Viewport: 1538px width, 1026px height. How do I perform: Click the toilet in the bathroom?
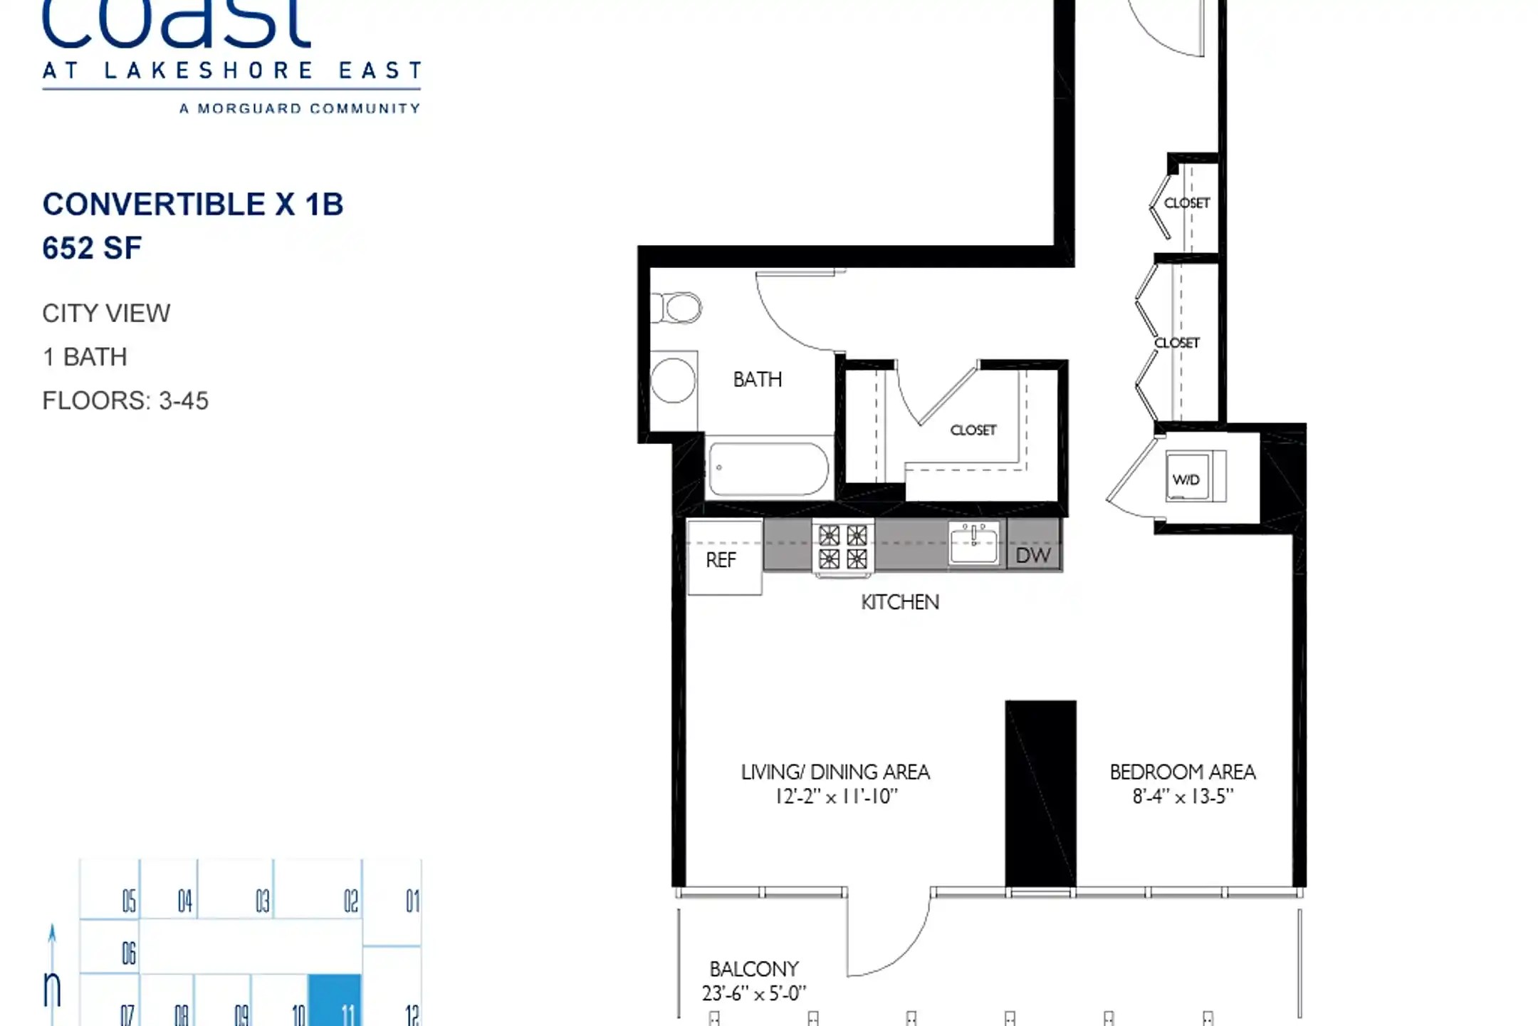(x=676, y=309)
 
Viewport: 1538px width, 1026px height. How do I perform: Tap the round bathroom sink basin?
(x=673, y=380)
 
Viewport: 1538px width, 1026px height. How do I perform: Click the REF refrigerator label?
(x=721, y=560)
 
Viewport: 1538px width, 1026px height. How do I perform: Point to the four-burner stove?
(x=843, y=547)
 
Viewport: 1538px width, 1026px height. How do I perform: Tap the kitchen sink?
(x=974, y=543)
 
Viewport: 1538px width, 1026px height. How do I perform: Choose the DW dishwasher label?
(x=1033, y=555)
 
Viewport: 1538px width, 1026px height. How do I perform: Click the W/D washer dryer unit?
(x=1196, y=476)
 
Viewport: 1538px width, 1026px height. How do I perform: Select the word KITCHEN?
(x=900, y=602)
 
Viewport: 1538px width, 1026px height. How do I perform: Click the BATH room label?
(x=758, y=379)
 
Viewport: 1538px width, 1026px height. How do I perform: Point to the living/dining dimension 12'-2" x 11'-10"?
(x=837, y=796)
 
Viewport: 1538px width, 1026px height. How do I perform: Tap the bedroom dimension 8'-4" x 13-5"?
(x=1183, y=796)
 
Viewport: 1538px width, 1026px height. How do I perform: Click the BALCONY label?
(x=754, y=969)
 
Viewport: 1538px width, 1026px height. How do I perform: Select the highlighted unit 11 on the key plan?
(x=335, y=1000)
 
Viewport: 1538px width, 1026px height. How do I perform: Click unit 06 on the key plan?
(x=128, y=953)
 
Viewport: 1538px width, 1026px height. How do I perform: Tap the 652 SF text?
(x=92, y=248)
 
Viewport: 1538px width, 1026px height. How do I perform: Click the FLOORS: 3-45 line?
(x=125, y=400)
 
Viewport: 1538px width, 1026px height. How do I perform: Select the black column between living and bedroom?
(x=1040, y=793)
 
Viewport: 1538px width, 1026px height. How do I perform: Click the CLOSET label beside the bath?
(x=973, y=430)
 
